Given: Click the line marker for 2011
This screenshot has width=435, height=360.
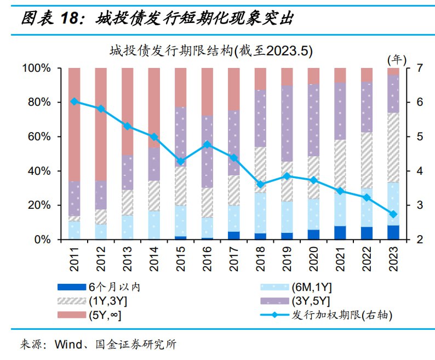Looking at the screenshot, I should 75,101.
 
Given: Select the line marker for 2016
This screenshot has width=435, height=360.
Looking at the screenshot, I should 207,145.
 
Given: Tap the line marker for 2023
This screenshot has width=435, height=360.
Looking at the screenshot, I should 393,214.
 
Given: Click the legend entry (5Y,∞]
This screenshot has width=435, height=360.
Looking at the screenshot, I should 105,315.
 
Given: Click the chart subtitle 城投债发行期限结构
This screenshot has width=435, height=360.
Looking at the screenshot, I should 210,52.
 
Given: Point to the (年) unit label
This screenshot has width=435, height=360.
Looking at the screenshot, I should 397,58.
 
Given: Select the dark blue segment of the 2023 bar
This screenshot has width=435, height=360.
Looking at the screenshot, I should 393,232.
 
